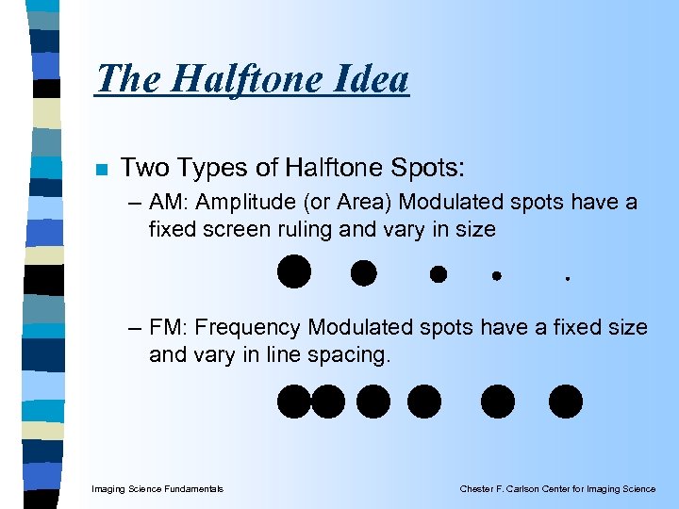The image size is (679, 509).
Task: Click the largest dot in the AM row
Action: click(x=293, y=271)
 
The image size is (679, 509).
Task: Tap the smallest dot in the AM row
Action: click(x=568, y=278)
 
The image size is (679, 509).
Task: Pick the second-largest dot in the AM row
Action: click(x=363, y=273)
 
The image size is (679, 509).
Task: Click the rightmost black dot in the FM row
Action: click(x=566, y=401)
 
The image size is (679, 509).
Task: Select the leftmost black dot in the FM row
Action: click(x=294, y=401)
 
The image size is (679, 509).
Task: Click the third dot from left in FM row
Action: click(x=373, y=401)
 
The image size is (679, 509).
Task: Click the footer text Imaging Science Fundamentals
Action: click(x=157, y=488)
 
